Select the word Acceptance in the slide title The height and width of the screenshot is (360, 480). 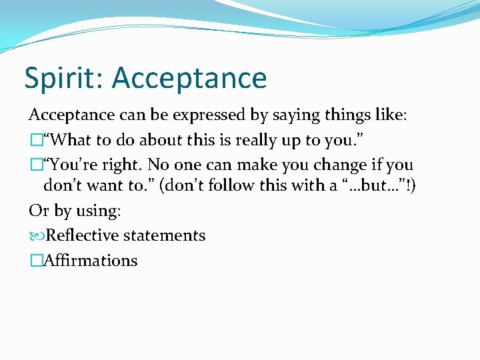[x=189, y=79]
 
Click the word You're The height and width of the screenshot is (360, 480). [x=74, y=164]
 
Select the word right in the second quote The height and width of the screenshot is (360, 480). [x=124, y=165]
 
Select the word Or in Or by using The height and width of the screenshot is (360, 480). [x=38, y=211]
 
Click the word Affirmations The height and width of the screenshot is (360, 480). [x=90, y=260]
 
